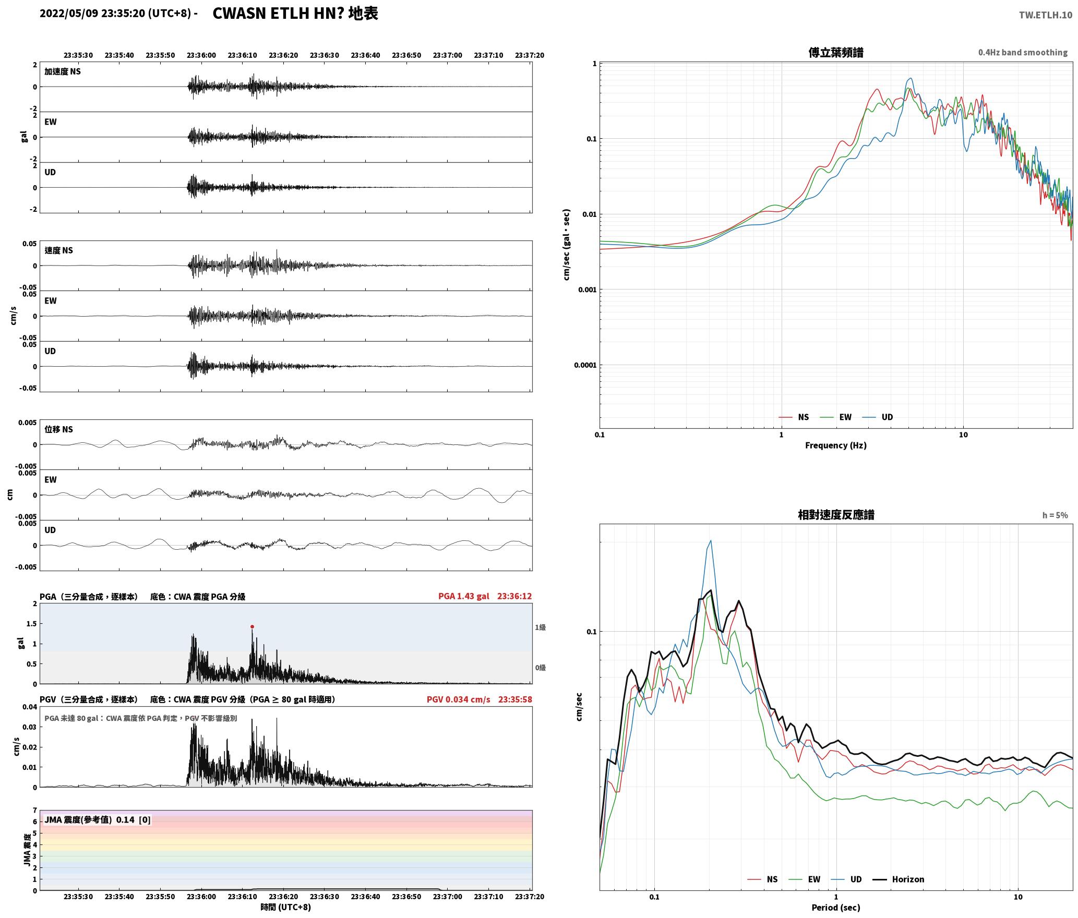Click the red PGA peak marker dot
pyautogui.click(x=252, y=626)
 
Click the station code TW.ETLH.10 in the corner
pyautogui.click(x=1045, y=15)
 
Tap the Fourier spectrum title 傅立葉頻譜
pyautogui.click(x=835, y=52)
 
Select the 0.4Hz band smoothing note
pyautogui.click(x=1023, y=52)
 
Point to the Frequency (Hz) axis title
pyautogui.click(x=835, y=445)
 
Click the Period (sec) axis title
pyautogui.click(x=835, y=908)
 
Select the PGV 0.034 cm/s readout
pyautogui.click(x=458, y=699)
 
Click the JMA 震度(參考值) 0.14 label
pyautogui.click(x=97, y=819)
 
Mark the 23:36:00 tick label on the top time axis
pyautogui.click(x=201, y=55)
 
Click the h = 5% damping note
pyautogui.click(x=1055, y=515)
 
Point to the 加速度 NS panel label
pyautogui.click(x=63, y=71)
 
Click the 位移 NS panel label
pyautogui.click(x=58, y=429)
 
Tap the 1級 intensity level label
pyautogui.click(x=540, y=627)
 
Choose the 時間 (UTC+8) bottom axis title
pyautogui.click(x=285, y=907)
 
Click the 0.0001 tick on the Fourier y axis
pyautogui.click(x=585, y=365)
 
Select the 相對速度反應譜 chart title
pyautogui.click(x=836, y=515)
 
